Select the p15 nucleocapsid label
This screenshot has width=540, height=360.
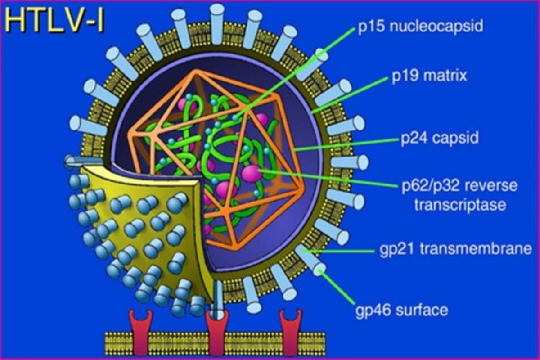[421, 26]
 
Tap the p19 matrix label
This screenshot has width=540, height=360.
[429, 76]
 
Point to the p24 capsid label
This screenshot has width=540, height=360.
[440, 138]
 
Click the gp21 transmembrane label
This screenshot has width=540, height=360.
[456, 249]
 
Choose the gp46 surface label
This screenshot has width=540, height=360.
[402, 310]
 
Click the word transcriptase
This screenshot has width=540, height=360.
[460, 205]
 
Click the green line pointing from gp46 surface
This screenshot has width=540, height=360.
[337, 287]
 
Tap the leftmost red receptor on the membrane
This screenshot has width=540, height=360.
[141, 334]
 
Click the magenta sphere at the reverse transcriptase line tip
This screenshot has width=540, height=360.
[251, 173]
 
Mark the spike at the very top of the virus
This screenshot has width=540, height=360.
[217, 24]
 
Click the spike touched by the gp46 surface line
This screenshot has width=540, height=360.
[311, 261]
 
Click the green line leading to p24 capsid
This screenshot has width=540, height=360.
[346, 144]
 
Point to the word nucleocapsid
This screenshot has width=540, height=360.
[436, 26]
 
